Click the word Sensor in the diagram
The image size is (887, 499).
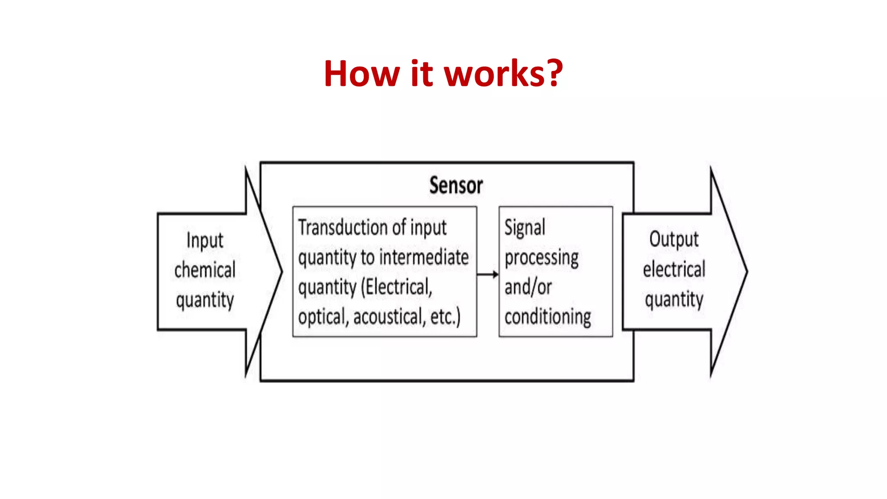click(x=456, y=185)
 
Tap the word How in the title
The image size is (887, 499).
click(x=361, y=74)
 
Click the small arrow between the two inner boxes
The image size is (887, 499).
click(x=488, y=274)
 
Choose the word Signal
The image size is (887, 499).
click(x=525, y=228)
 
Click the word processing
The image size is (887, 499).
click(x=541, y=258)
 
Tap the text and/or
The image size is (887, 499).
click(x=528, y=287)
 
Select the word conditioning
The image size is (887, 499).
click(x=547, y=317)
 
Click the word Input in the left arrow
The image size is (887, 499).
click(x=205, y=241)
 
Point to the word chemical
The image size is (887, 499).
click(x=205, y=270)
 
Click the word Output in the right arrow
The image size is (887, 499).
click(x=674, y=240)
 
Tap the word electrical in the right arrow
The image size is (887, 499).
click(x=674, y=269)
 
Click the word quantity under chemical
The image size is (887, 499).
click(x=205, y=300)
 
